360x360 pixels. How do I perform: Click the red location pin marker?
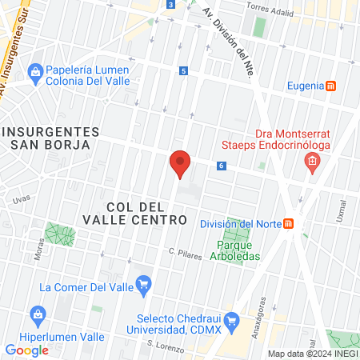click(x=180, y=162)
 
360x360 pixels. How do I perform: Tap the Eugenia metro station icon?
click(x=331, y=86)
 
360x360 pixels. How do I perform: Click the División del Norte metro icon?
click(x=289, y=224)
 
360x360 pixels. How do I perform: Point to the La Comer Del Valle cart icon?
click(x=144, y=283)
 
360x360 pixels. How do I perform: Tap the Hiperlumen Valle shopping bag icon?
click(x=36, y=313)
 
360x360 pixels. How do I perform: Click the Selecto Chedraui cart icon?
click(x=232, y=322)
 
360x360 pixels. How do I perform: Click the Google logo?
click(x=26, y=350)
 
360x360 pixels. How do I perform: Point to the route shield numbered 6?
click(x=221, y=166)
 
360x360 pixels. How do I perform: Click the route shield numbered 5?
click(x=184, y=71)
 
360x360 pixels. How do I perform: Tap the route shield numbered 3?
click(x=171, y=5)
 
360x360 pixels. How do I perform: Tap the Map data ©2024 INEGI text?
click(x=312, y=354)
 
